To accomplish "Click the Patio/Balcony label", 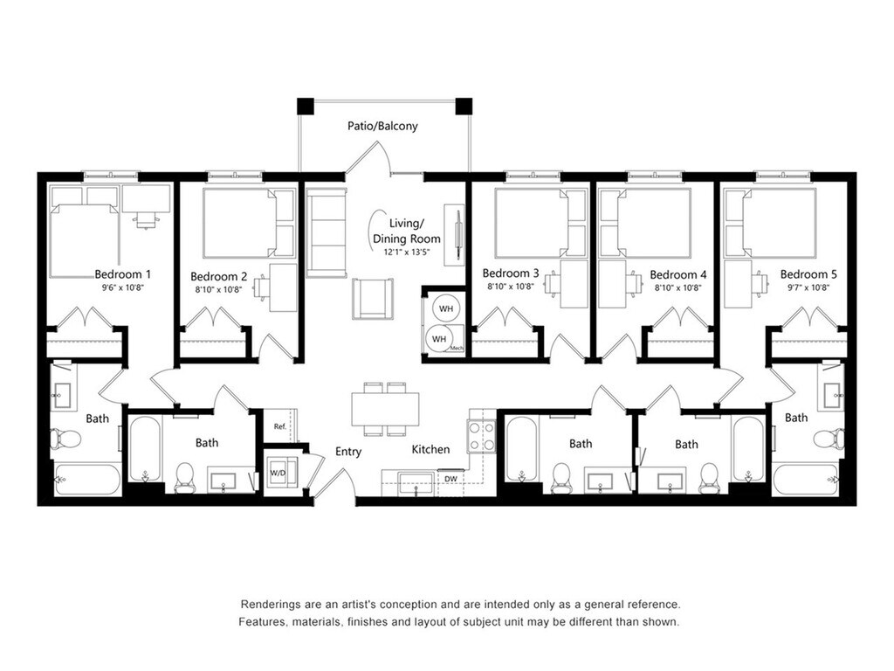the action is pyautogui.click(x=382, y=126).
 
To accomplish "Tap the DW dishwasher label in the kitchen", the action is pyautogui.click(x=450, y=479).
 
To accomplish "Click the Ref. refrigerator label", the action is pyautogui.click(x=280, y=426).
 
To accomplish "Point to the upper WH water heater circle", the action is pyautogui.click(x=446, y=308).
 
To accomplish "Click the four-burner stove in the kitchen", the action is pyautogui.click(x=482, y=436).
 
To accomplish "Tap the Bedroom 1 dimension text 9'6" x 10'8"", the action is pyautogui.click(x=122, y=287).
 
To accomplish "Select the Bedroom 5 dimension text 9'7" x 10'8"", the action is pyautogui.click(x=808, y=287).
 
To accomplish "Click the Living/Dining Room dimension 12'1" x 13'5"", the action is pyautogui.click(x=406, y=252).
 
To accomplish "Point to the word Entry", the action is pyautogui.click(x=348, y=452).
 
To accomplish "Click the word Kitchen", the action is pyautogui.click(x=430, y=450).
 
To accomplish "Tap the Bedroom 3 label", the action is pyautogui.click(x=510, y=273).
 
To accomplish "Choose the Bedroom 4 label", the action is pyautogui.click(x=677, y=275).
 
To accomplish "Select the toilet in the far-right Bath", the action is pyautogui.click(x=829, y=439).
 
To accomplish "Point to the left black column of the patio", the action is pyautogui.click(x=306, y=106).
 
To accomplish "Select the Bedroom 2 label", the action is pyautogui.click(x=219, y=277).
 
